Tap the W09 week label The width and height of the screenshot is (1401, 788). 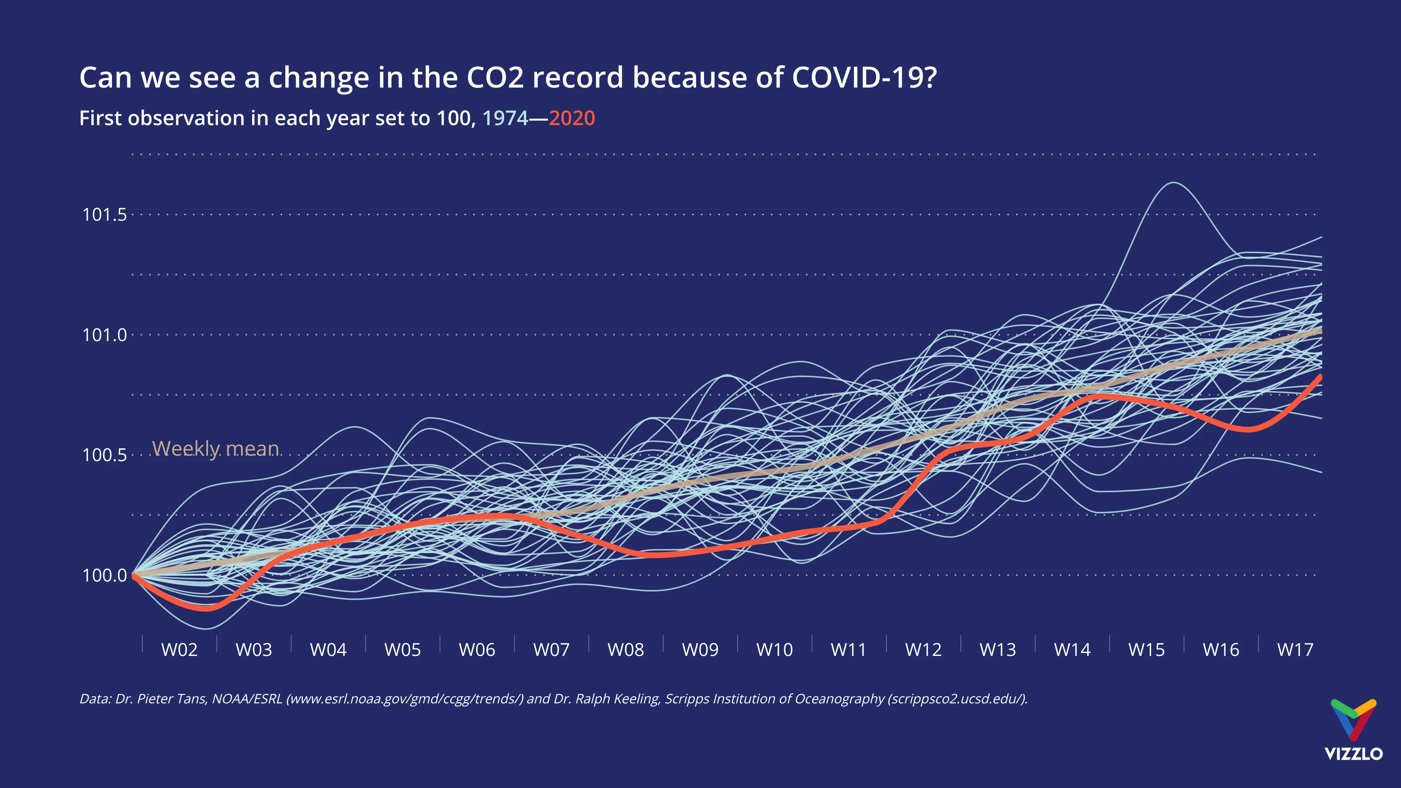[x=700, y=649]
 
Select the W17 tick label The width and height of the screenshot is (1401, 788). [x=1295, y=649]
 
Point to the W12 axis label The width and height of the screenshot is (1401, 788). [x=923, y=649]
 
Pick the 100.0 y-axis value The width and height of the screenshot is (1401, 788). [x=104, y=575]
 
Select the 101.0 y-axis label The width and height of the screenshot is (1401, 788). [x=104, y=335]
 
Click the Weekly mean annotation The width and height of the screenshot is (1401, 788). [x=215, y=449]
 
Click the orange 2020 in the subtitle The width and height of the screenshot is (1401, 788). [x=572, y=118]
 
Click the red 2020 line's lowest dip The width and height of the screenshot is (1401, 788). [x=205, y=609]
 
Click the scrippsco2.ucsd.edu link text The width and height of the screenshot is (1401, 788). [x=956, y=699]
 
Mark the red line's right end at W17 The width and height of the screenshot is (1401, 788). [x=1320, y=377]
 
